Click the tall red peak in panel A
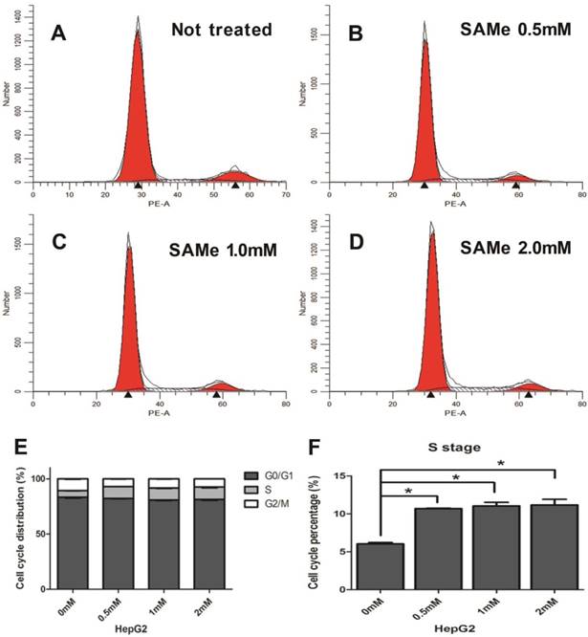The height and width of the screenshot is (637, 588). point(138,115)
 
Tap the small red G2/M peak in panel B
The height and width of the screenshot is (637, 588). point(515,176)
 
